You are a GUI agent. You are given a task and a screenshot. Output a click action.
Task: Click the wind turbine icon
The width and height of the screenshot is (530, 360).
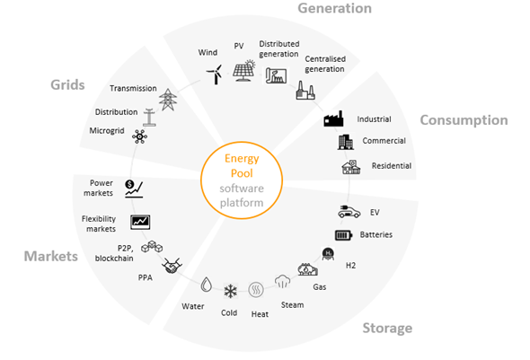215,75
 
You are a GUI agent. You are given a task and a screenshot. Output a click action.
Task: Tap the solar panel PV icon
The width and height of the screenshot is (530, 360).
243,71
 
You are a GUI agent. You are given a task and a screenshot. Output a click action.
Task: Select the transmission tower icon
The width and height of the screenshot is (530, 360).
168,100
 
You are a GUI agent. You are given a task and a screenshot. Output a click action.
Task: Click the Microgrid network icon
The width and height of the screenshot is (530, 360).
139,136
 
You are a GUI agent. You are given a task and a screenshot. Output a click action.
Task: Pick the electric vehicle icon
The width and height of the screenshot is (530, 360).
349,212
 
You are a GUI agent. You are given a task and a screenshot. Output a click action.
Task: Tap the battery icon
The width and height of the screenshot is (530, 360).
344,235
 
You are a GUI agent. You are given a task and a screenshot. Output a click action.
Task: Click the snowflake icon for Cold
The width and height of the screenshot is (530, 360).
231,291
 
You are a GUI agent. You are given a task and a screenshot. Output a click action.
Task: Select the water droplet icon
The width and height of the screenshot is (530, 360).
206,285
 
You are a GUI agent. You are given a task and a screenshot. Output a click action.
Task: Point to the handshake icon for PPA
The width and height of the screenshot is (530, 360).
172,266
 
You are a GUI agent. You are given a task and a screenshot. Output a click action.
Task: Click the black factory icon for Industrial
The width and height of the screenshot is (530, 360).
333,119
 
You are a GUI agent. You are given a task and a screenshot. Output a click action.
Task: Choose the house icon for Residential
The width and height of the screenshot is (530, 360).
351,167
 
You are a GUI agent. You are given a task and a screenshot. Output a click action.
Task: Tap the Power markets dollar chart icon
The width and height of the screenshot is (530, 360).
134,189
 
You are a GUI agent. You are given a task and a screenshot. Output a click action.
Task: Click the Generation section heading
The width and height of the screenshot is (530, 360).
335,8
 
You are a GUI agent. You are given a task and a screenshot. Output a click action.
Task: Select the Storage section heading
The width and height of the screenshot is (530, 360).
387,328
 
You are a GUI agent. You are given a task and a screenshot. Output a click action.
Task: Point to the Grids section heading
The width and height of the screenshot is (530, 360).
67,84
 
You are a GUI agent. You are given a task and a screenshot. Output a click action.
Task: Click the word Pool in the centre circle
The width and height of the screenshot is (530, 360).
242,173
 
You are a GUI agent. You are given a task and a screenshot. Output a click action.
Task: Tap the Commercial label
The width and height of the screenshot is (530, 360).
384,141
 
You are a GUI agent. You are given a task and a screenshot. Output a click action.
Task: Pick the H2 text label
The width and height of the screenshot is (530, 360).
350,266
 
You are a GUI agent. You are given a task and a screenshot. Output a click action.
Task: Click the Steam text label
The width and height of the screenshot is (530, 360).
292,305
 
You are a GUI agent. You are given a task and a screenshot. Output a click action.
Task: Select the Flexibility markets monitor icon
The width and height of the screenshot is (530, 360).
140,223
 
